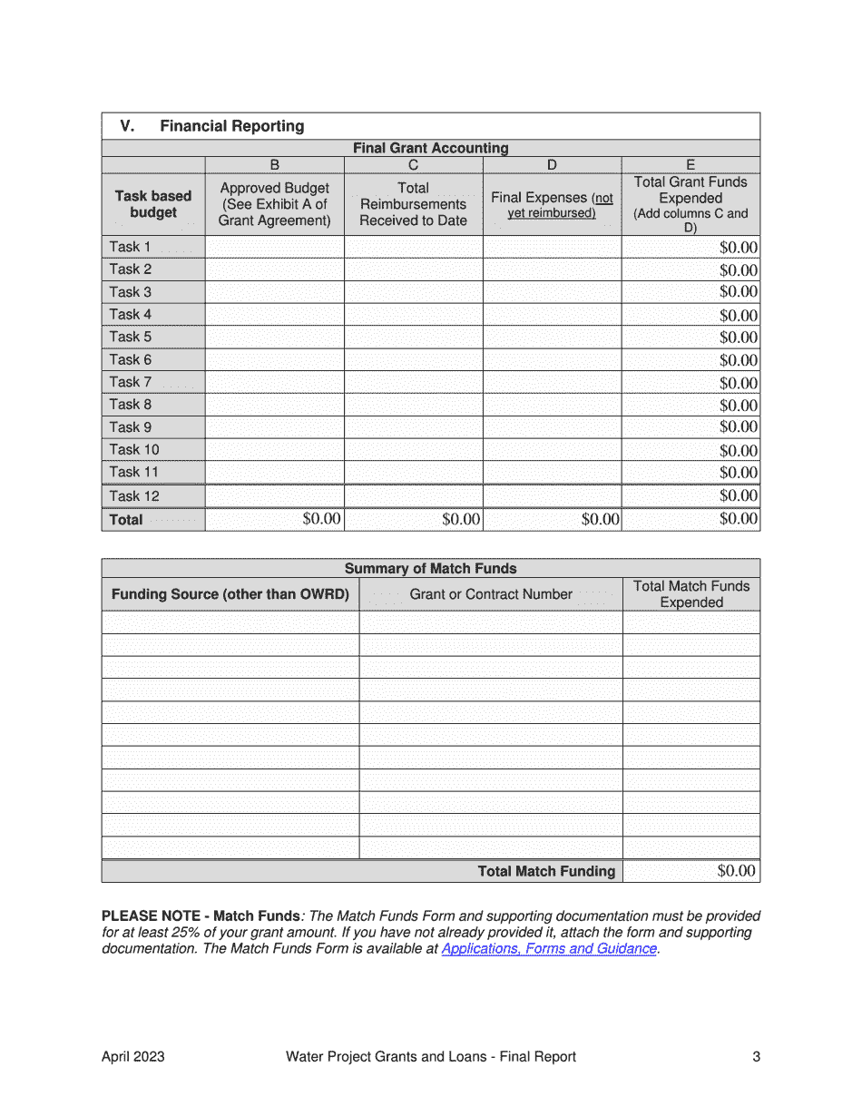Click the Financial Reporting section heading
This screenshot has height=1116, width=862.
coord(231,126)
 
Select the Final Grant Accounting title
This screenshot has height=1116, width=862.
coord(430,148)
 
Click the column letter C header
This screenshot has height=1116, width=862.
coord(413,165)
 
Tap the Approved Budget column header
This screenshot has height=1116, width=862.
coord(274,204)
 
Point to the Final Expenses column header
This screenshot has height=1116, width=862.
coord(552,204)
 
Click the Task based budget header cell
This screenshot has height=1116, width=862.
coord(153,204)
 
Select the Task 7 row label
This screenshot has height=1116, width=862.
coord(131,382)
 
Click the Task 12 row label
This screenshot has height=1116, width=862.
coord(134,495)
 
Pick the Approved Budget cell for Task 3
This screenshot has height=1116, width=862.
coord(274,292)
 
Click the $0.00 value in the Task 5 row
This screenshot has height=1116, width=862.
coord(738,338)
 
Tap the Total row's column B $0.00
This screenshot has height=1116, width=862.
coord(321,519)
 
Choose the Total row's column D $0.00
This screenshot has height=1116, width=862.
coord(600,520)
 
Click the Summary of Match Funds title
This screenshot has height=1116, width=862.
coord(430,569)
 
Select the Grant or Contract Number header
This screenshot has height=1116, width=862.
coord(491,594)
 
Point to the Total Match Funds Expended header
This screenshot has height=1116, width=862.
coord(691,594)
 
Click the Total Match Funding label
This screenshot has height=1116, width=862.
coord(546,871)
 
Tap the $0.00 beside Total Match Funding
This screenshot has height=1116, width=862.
coord(736,871)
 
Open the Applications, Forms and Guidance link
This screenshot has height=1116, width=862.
coord(548,949)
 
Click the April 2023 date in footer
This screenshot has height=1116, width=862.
coord(133,1057)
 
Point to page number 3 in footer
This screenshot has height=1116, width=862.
coord(756,1057)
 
